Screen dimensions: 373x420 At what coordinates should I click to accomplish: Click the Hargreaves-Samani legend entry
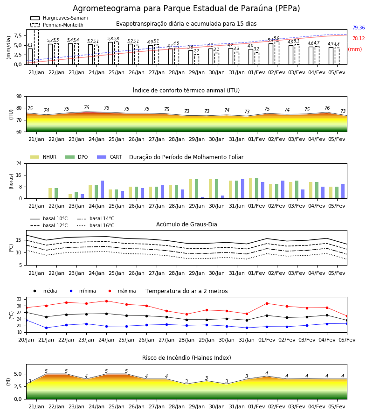(59, 18)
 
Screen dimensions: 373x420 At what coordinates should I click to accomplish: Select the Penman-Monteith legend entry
(57, 25)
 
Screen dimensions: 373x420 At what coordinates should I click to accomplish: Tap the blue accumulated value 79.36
(359, 28)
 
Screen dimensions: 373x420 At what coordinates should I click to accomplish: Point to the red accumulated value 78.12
(359, 38)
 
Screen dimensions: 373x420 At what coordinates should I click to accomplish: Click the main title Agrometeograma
(186, 8)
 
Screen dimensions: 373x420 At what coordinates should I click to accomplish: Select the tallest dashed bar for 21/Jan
(36, 47)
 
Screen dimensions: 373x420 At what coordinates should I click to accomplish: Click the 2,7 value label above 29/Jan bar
(196, 51)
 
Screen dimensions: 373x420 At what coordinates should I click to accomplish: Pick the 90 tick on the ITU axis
(19, 97)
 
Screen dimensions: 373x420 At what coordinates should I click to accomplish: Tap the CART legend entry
(110, 157)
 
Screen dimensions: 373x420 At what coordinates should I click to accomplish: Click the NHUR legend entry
(43, 157)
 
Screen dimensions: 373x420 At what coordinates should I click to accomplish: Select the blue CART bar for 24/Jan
(102, 189)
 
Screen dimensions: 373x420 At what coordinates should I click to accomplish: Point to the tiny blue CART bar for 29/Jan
(202, 198)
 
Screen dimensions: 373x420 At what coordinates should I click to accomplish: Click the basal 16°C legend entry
(96, 225)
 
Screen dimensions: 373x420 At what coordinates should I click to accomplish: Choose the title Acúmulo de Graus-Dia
(186, 224)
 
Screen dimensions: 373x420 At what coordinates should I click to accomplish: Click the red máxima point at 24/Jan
(106, 301)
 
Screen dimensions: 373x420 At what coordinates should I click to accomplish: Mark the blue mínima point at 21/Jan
(46, 328)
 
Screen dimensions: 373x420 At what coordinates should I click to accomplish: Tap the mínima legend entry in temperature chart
(81, 291)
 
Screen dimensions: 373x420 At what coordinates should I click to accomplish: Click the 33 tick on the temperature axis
(19, 299)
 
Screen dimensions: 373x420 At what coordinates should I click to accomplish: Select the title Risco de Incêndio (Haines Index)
(186, 358)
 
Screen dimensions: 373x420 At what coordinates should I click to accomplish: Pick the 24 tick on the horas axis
(19, 163)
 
